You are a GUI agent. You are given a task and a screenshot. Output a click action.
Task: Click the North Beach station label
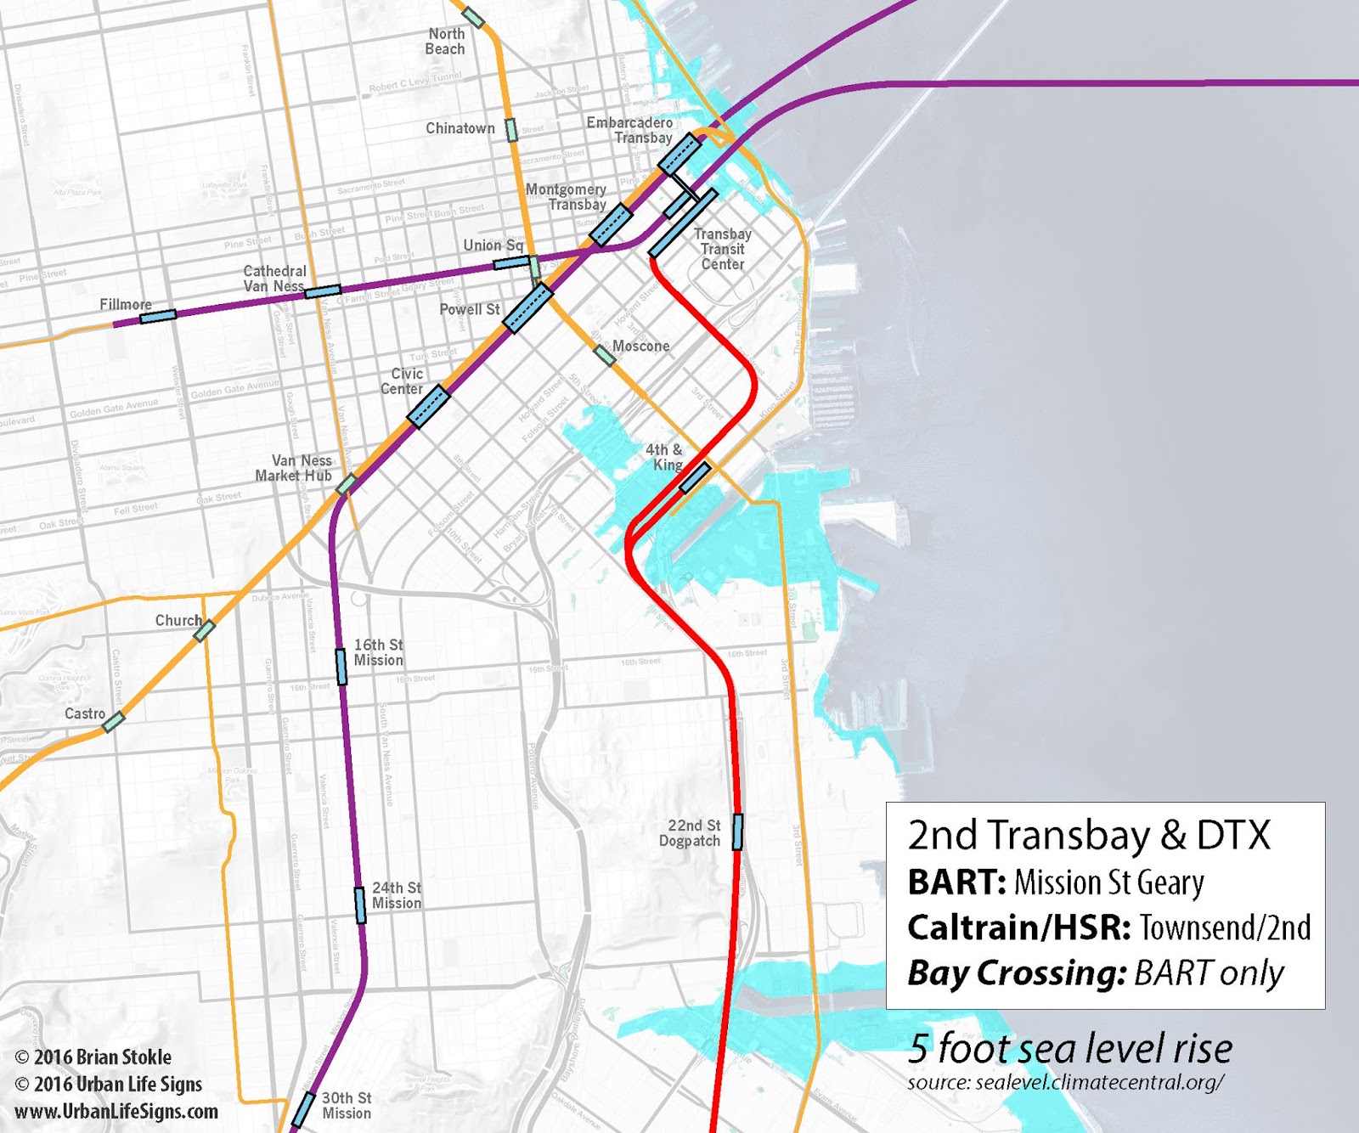pyautogui.click(x=445, y=42)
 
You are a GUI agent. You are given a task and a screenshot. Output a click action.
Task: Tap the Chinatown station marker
pyautogui.click(x=511, y=130)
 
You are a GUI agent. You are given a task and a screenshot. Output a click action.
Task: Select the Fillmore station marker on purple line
pyautogui.click(x=158, y=316)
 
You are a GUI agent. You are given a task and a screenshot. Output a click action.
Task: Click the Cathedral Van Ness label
pyautogui.click(x=274, y=279)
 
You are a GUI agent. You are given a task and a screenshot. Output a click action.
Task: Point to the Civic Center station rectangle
pyautogui.click(x=428, y=406)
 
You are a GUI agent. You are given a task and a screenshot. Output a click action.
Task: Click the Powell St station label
pyautogui.click(x=469, y=310)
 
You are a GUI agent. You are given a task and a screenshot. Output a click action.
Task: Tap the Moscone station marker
pyautogui.click(x=604, y=355)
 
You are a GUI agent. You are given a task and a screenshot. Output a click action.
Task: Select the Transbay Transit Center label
pyautogui.click(x=723, y=249)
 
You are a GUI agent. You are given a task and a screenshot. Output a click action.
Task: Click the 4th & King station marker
pyautogui.click(x=695, y=478)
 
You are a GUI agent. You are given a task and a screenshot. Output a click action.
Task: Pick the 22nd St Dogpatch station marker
pyautogui.click(x=737, y=831)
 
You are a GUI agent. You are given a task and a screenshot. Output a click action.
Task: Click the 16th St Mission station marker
pyautogui.click(x=341, y=667)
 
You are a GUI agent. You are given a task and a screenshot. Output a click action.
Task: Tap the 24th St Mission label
pyautogui.click(x=396, y=896)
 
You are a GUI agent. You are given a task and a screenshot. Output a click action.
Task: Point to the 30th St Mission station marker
pyautogui.click(x=303, y=1111)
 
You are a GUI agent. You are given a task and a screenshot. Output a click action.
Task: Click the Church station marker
pyautogui.click(x=204, y=631)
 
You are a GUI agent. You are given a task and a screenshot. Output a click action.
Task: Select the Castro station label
pyautogui.click(x=85, y=714)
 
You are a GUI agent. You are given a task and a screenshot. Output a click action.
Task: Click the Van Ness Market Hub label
pyautogui.click(x=294, y=468)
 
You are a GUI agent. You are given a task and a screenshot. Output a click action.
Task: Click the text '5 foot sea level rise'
pyautogui.click(x=1069, y=1049)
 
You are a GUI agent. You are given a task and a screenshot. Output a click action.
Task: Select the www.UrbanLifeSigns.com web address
pyautogui.click(x=116, y=1112)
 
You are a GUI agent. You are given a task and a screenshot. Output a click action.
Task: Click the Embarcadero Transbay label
pyautogui.click(x=629, y=130)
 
